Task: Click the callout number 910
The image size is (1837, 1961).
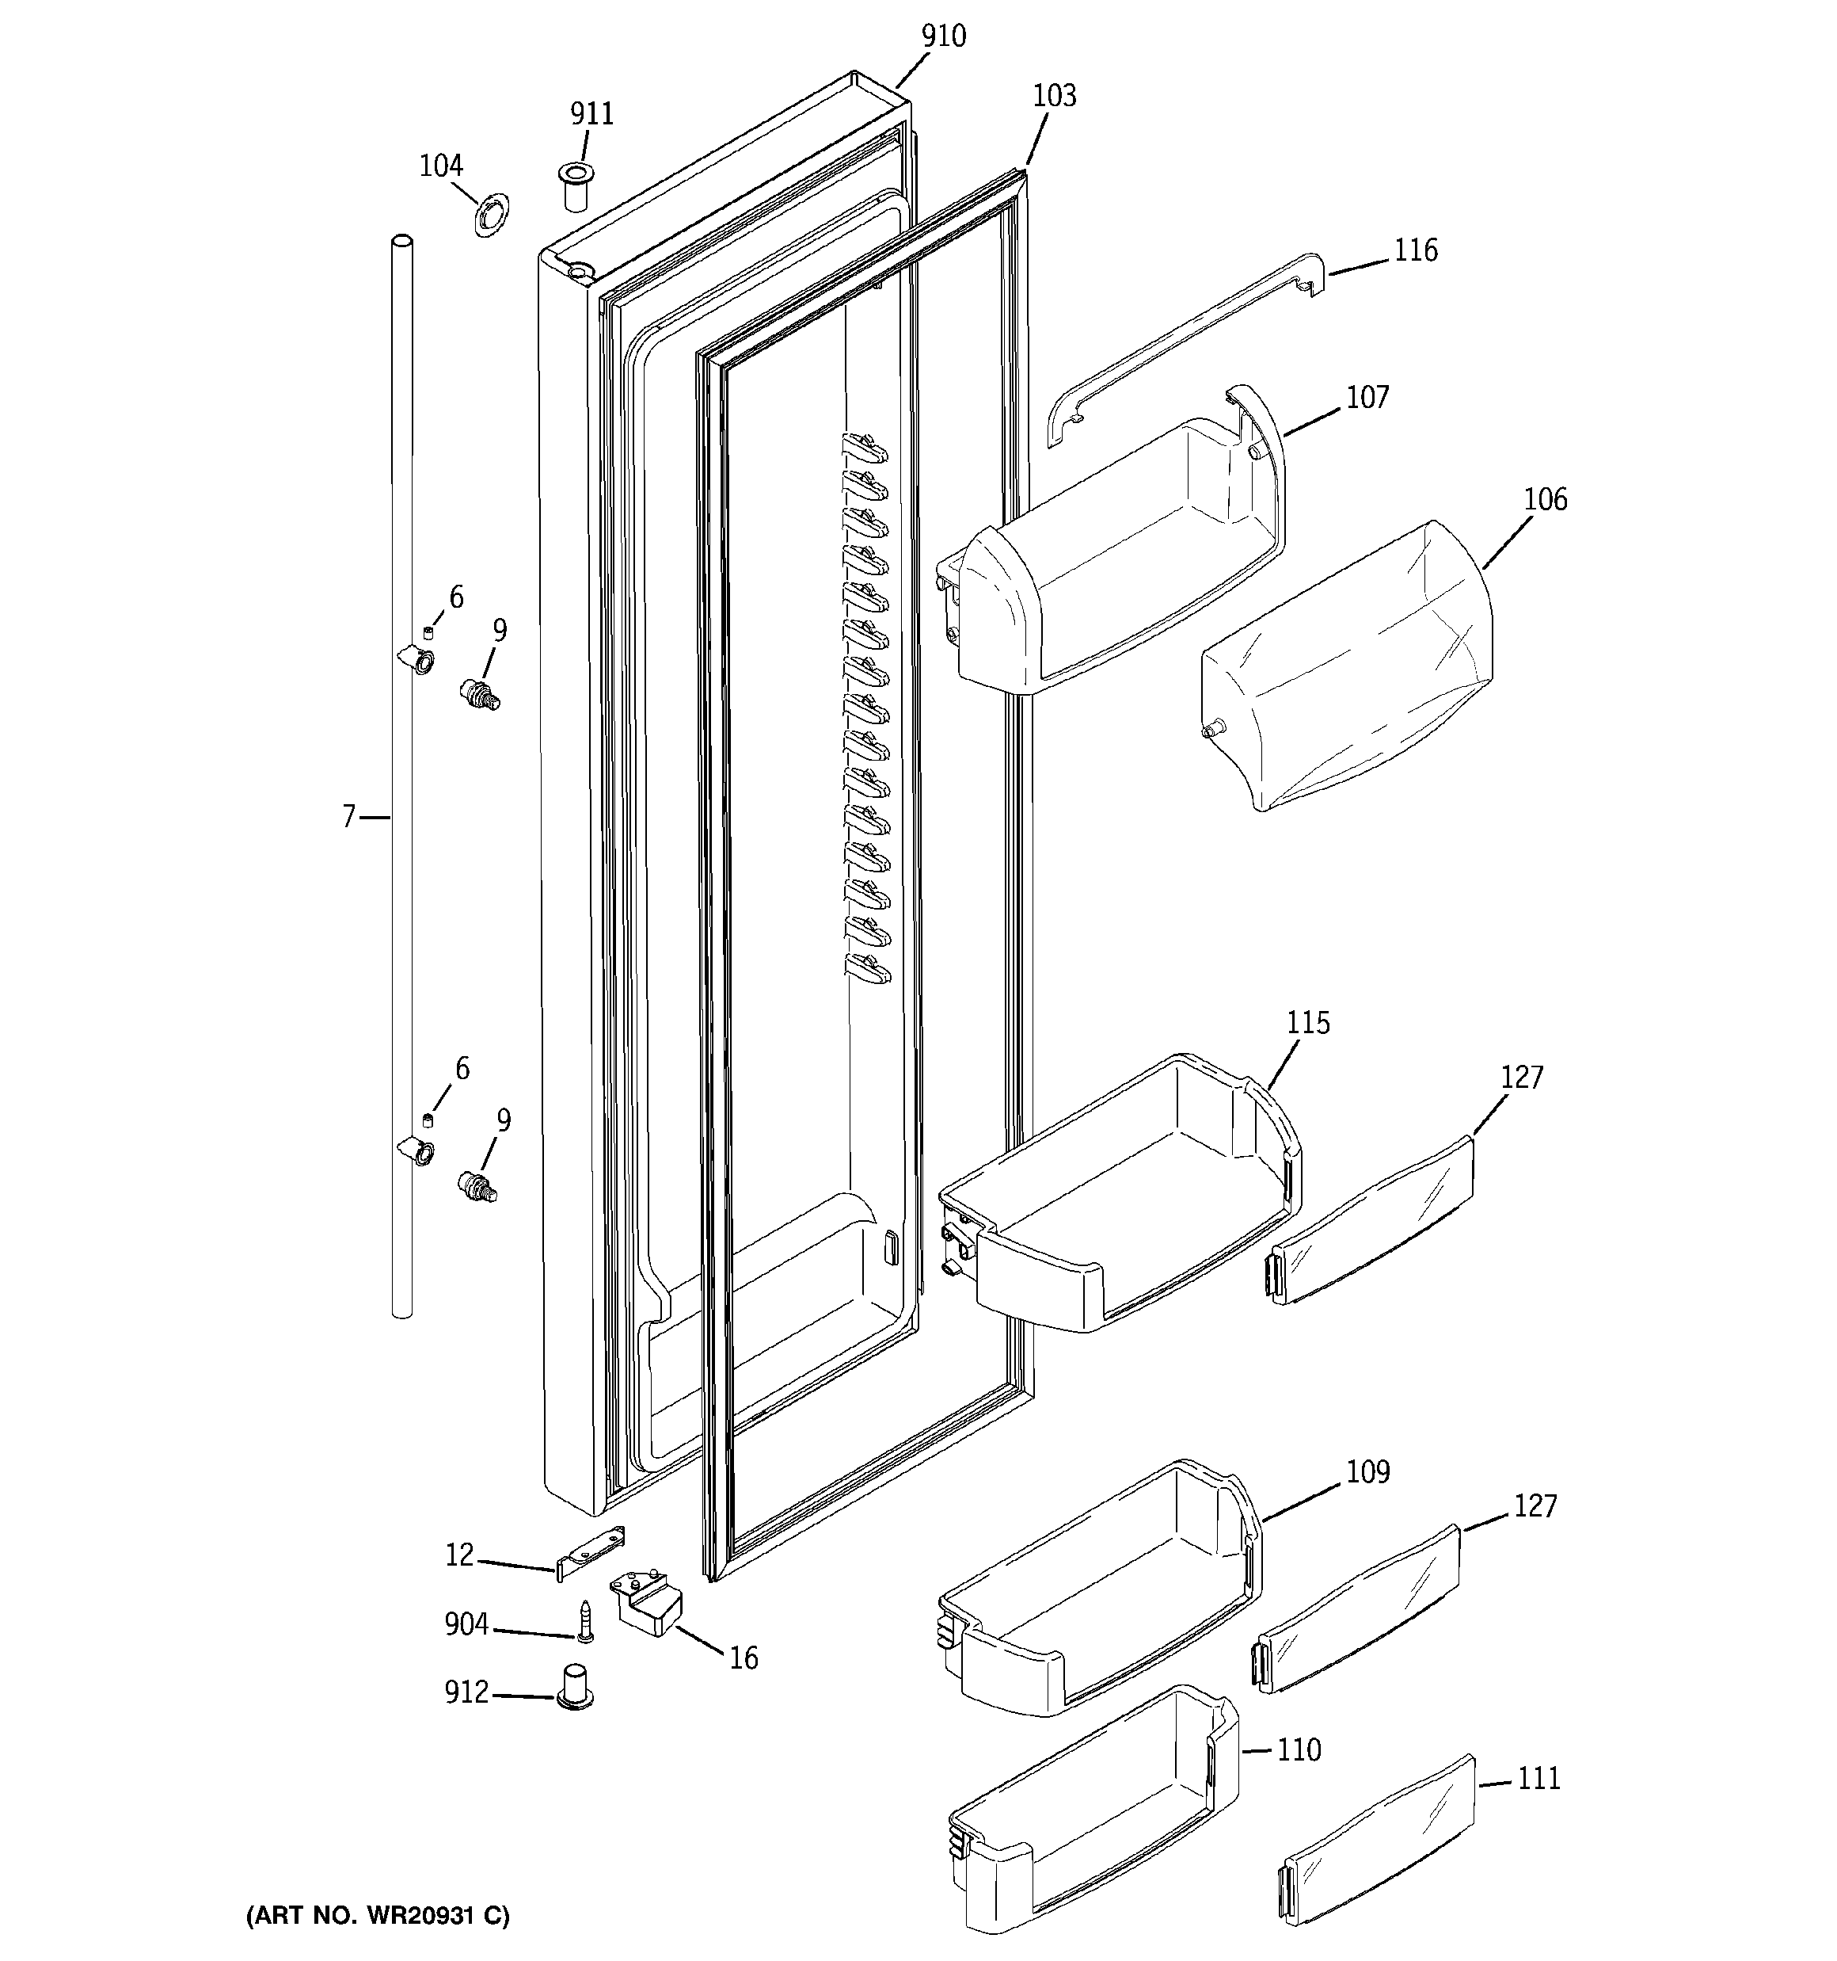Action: (x=943, y=36)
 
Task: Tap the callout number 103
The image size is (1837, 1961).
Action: (x=1053, y=97)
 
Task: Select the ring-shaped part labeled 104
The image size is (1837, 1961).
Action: (x=488, y=215)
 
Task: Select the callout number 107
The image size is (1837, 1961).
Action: (x=1367, y=398)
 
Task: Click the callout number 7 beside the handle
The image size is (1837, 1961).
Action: (x=348, y=817)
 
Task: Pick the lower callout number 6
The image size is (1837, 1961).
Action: (x=461, y=1068)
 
